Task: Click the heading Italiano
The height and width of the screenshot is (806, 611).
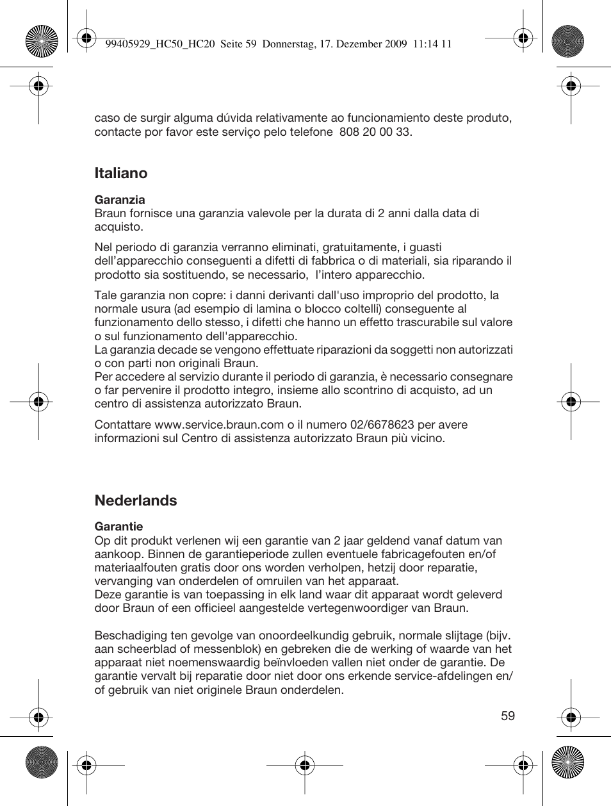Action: (x=120, y=173)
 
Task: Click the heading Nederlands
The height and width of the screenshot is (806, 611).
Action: (x=135, y=500)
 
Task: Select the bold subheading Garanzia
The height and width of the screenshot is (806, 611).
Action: (x=120, y=200)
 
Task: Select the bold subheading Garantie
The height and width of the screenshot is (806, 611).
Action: (x=118, y=527)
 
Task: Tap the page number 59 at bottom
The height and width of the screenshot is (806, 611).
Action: (x=508, y=716)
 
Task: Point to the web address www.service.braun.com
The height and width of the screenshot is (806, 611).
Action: (x=219, y=425)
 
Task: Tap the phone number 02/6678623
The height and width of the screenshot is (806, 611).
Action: (x=382, y=425)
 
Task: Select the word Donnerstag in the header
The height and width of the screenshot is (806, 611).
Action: (x=288, y=44)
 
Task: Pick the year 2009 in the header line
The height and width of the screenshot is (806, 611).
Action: (x=396, y=44)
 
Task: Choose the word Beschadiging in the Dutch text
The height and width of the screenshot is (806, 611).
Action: (x=131, y=636)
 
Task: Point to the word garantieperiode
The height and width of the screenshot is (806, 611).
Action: (x=213, y=554)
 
